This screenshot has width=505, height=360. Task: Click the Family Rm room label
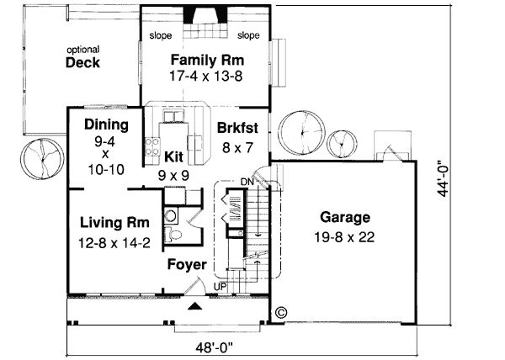pyautogui.click(x=207, y=61)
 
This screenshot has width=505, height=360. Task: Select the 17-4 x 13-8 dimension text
pyautogui.click(x=207, y=76)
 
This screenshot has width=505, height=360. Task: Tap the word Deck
pyautogui.click(x=82, y=62)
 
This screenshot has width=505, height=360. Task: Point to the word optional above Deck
pyautogui.click(x=83, y=50)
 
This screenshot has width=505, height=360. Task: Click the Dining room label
pyautogui.click(x=106, y=126)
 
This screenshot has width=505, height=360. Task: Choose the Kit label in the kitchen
pyautogui.click(x=173, y=156)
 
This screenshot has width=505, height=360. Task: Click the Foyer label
pyautogui.click(x=186, y=265)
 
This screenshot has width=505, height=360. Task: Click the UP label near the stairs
pyautogui.click(x=220, y=287)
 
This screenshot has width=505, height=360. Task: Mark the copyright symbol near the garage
pyautogui.click(x=280, y=311)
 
